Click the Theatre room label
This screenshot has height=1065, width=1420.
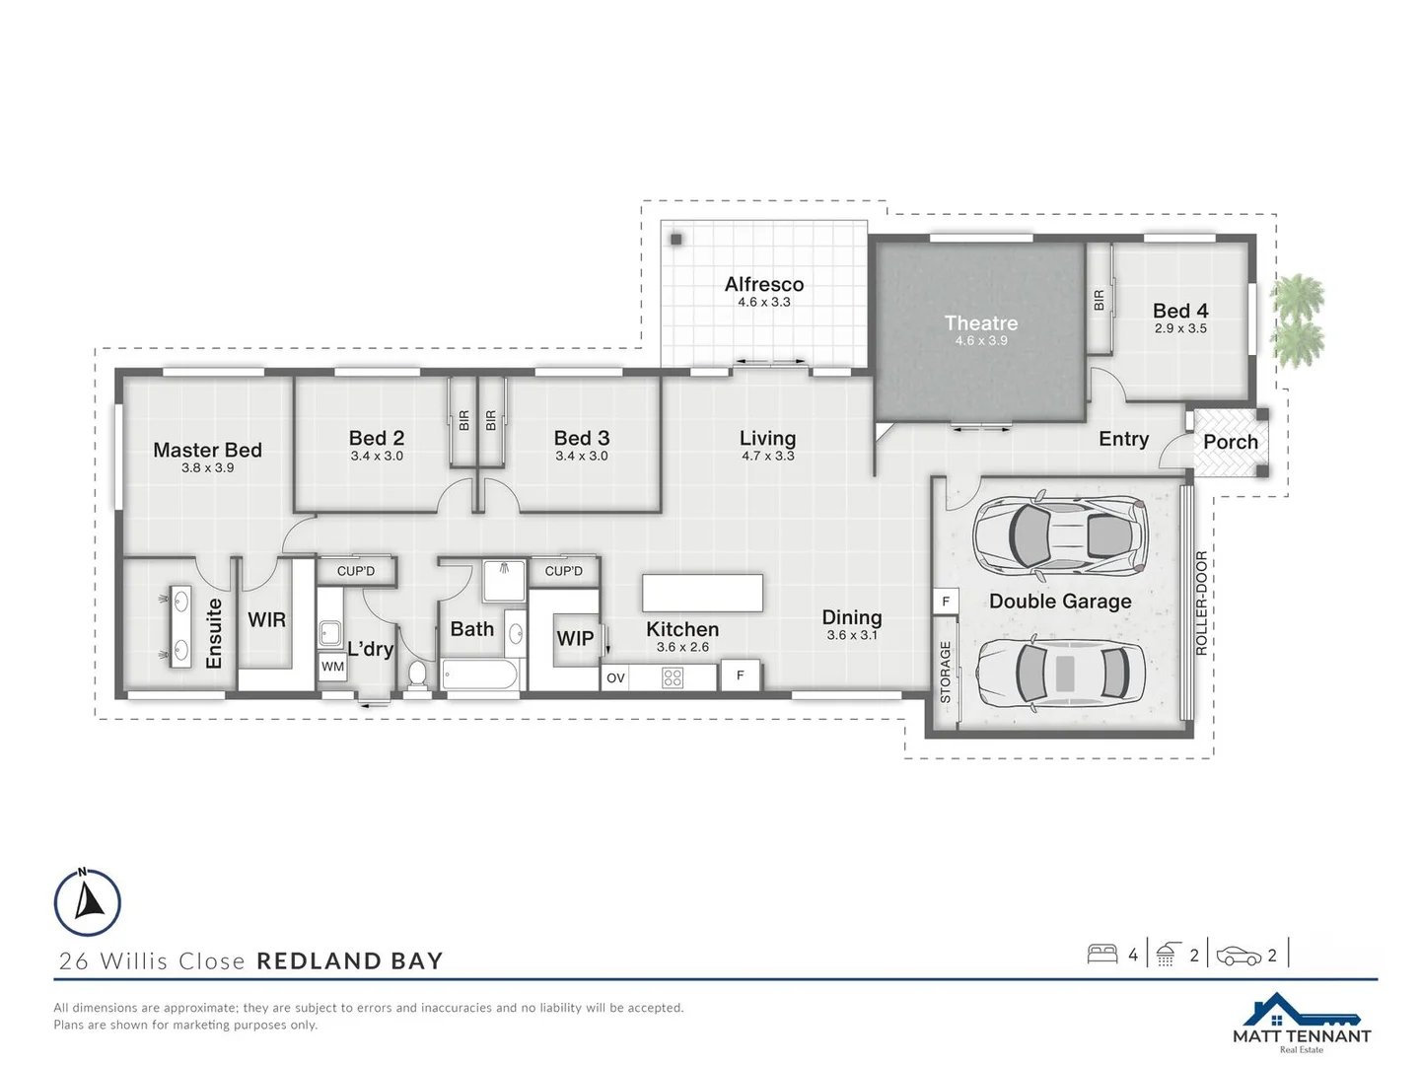pyautogui.click(x=981, y=323)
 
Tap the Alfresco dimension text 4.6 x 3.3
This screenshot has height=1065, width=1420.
pyautogui.click(x=764, y=303)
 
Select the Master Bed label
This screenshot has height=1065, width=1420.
pyautogui.click(x=207, y=451)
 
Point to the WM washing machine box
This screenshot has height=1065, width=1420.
pyautogui.click(x=333, y=667)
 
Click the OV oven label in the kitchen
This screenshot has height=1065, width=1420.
pyautogui.click(x=615, y=678)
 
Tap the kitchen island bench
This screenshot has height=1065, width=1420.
pyautogui.click(x=702, y=593)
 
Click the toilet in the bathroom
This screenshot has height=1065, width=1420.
pyautogui.click(x=417, y=674)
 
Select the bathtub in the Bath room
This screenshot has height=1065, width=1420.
pyautogui.click(x=480, y=675)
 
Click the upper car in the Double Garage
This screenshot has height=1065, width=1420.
pyautogui.click(x=1060, y=535)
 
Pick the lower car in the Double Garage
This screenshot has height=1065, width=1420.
pyautogui.click(x=1060, y=674)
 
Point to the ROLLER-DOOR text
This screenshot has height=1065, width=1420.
pyautogui.click(x=1201, y=603)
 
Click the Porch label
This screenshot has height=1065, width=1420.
pyautogui.click(x=1231, y=443)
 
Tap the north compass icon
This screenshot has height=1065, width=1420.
pyautogui.click(x=88, y=901)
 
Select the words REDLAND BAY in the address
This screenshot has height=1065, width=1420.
pyautogui.click(x=350, y=961)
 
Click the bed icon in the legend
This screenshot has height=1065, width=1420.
pyautogui.click(x=1101, y=954)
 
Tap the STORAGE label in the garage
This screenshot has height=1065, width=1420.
pyautogui.click(x=945, y=673)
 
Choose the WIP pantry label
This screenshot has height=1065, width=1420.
pyautogui.click(x=575, y=638)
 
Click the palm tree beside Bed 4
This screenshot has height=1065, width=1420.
pyautogui.click(x=1297, y=318)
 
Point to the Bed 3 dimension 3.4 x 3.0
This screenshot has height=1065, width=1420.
pyautogui.click(x=582, y=457)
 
